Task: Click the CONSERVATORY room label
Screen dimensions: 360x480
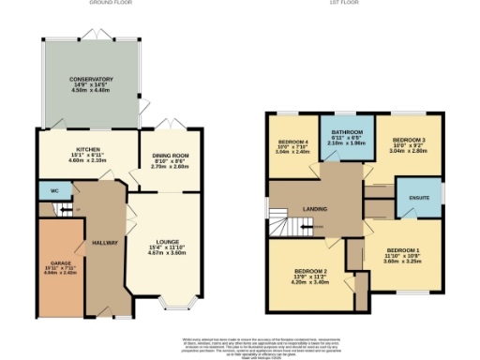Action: pyautogui.click(x=91, y=80)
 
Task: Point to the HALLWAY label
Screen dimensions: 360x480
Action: pyautogui.click(x=105, y=243)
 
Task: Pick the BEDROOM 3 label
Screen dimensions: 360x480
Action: pyautogui.click(x=408, y=140)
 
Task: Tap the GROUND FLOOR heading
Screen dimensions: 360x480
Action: pyautogui.click(x=109, y=4)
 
